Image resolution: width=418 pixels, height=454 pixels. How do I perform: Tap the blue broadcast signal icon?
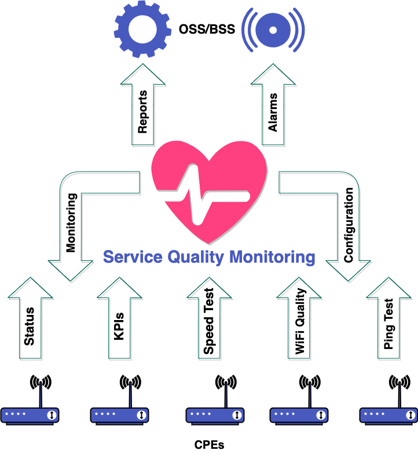pos(273,29)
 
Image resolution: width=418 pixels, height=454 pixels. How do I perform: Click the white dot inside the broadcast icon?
pos(273,30)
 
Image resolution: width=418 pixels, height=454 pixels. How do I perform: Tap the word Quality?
pos(196,257)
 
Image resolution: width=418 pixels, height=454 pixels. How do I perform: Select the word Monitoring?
pos(272,257)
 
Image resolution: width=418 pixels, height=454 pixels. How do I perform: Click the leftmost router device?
pos(30,415)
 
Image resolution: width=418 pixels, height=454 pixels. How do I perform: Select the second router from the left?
pos(119,415)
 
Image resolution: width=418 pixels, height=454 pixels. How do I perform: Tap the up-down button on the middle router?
pos(236,415)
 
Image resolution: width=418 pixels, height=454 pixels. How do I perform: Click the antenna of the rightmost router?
pos(399,394)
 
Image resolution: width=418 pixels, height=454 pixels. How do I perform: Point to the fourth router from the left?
pos(299,415)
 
